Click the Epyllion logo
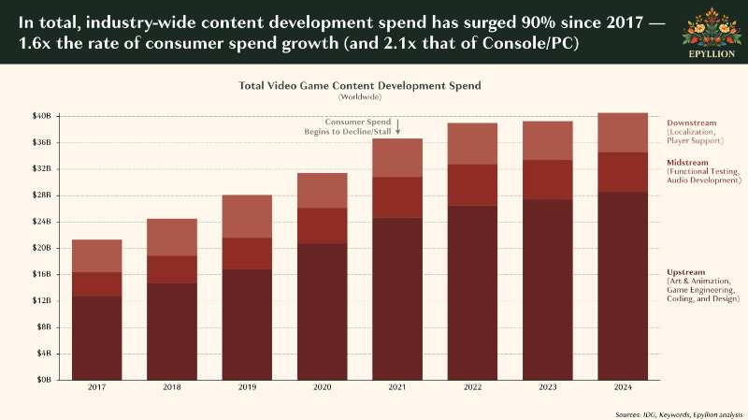click(712, 33)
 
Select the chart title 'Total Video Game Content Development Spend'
click(360, 86)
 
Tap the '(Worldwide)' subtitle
click(360, 97)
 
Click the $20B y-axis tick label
click(41, 248)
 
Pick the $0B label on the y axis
click(43, 380)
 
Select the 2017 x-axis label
click(97, 387)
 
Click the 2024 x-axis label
click(623, 387)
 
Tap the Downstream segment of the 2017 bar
click(97, 255)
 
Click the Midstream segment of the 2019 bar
click(247, 253)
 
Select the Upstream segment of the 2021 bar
click(397, 298)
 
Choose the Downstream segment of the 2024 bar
click(623, 133)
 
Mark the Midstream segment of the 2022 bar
click(472, 185)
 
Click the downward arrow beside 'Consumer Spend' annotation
click(398, 127)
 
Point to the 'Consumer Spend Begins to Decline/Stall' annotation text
click(348, 127)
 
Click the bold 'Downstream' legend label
click(691, 123)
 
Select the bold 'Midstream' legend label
click(687, 162)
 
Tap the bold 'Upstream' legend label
click(685, 272)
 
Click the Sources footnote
click(679, 414)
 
